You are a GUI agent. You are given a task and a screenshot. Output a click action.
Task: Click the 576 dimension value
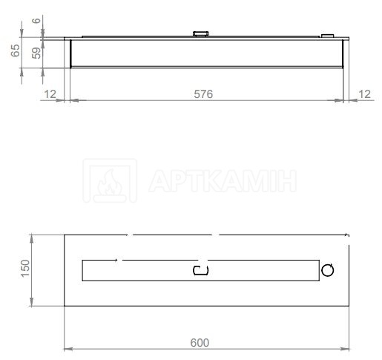(203, 94)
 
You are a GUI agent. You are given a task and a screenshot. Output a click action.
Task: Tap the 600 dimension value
(200, 343)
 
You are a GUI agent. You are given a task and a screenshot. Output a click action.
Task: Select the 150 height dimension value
(25, 269)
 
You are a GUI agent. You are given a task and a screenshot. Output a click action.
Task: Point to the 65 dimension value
(16, 50)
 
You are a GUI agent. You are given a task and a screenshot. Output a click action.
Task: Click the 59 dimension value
(36, 53)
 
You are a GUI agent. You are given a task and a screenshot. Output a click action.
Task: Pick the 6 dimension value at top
(36, 20)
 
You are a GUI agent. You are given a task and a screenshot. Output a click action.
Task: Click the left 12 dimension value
(50, 94)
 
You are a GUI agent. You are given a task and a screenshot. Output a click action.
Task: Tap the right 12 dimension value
(364, 94)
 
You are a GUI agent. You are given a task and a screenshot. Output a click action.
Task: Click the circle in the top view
(328, 270)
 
